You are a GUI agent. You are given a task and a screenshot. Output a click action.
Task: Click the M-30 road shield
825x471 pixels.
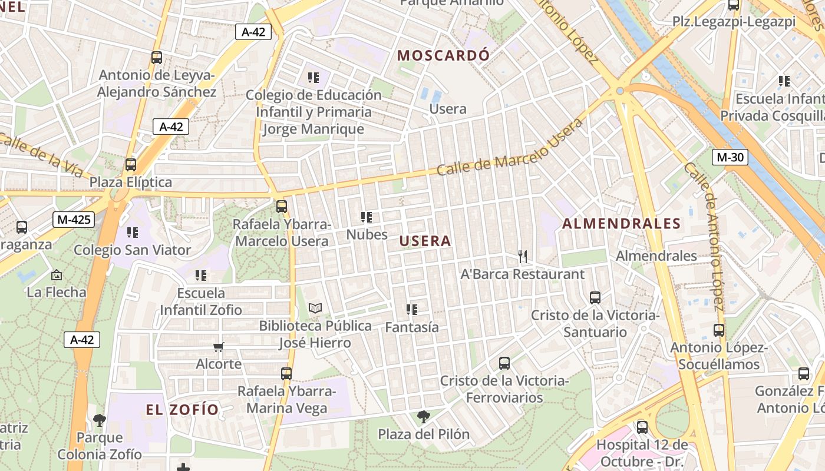pyautogui.click(x=730, y=157)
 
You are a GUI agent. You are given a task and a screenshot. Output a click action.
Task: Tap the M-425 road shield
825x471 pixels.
pyautogui.click(x=74, y=220)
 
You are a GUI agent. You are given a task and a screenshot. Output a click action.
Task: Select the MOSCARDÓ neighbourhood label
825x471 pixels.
pyautogui.click(x=443, y=55)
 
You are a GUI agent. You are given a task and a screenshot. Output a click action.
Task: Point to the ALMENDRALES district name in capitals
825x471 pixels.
pyautogui.click(x=621, y=224)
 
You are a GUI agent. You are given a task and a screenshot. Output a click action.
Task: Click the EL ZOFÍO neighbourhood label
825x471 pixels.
pyautogui.click(x=182, y=409)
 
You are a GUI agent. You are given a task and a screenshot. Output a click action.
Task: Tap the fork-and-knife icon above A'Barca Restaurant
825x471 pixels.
pyautogui.click(x=522, y=256)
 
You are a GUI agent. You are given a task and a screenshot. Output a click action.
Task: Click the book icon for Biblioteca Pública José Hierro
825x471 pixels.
pyautogui.click(x=315, y=308)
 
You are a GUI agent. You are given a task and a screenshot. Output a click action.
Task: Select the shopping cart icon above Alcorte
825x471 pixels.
pyautogui.click(x=219, y=347)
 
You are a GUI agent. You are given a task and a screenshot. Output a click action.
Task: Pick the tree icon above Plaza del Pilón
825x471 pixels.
pyautogui.click(x=423, y=417)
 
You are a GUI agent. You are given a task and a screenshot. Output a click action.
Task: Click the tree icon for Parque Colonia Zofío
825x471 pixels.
pyautogui.click(x=100, y=420)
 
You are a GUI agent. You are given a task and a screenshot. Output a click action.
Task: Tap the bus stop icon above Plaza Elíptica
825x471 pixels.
pyautogui.click(x=131, y=165)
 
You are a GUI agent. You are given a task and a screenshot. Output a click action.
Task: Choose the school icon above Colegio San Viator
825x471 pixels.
pyautogui.click(x=132, y=233)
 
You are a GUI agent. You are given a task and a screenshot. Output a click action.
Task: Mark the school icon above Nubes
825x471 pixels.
pyautogui.click(x=367, y=217)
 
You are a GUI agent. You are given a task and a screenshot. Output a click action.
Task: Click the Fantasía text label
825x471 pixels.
pyautogui.click(x=412, y=327)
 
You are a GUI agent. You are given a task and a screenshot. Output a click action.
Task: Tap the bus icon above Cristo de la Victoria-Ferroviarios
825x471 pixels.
pyautogui.click(x=504, y=363)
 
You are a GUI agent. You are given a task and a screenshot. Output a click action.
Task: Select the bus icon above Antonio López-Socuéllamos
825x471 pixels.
pyautogui.click(x=718, y=330)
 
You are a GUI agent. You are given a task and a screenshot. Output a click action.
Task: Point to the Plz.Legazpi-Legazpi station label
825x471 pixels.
pyautogui.click(x=734, y=22)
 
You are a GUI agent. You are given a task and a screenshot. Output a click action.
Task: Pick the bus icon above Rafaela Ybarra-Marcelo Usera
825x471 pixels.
pyautogui.click(x=282, y=207)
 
